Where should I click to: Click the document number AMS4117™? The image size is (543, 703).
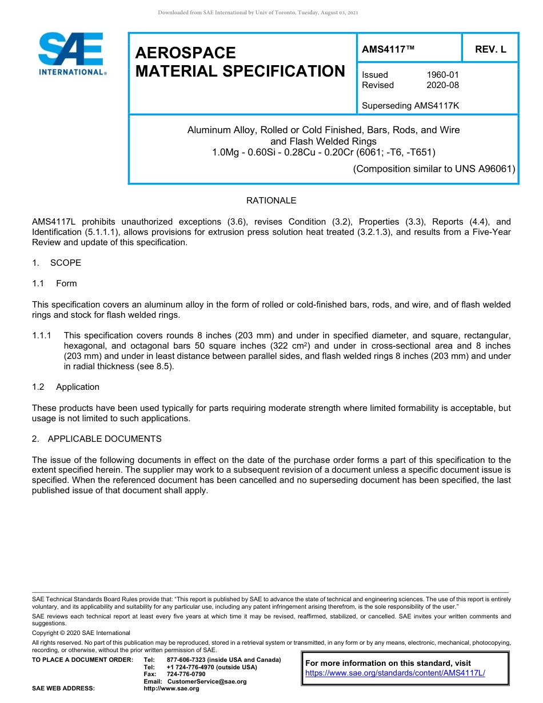[x=388, y=50]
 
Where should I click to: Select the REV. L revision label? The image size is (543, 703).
[x=490, y=50]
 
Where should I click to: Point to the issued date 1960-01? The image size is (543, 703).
[x=442, y=75]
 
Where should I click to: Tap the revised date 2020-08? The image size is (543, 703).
[x=442, y=85]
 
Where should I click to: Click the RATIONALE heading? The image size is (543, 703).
[x=271, y=201]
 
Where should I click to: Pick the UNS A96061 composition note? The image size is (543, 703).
[x=434, y=169]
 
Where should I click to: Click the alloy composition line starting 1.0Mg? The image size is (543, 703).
[x=324, y=152]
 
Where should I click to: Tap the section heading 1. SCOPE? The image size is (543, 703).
[x=57, y=263]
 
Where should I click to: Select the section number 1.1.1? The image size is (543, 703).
[x=42, y=335]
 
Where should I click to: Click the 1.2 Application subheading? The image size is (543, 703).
[x=66, y=387]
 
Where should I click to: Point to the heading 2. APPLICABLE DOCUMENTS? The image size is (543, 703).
[x=97, y=439]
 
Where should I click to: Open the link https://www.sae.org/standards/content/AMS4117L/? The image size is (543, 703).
[x=395, y=673]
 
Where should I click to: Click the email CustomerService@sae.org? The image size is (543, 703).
[x=207, y=681]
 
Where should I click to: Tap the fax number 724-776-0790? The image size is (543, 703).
[x=186, y=674]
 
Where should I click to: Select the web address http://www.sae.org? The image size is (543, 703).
[x=171, y=689]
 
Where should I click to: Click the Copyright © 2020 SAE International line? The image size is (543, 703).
[x=81, y=633]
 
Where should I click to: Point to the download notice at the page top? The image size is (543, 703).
[x=258, y=13]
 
